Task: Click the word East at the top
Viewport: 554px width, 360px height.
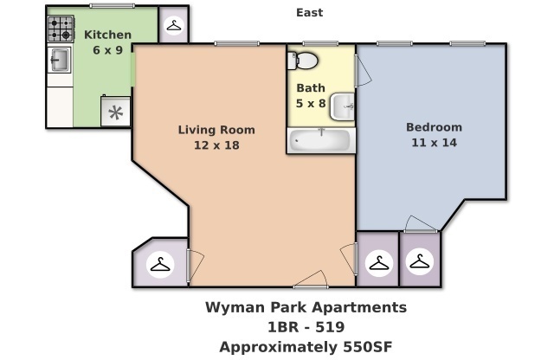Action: coord(309,12)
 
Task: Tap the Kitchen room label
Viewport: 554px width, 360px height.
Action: coord(107,35)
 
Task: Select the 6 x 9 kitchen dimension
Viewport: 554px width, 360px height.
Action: coord(107,49)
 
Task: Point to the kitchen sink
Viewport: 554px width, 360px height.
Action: coord(59,61)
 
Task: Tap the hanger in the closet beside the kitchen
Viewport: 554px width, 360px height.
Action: coord(173,27)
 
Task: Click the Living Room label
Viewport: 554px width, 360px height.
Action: coord(216,130)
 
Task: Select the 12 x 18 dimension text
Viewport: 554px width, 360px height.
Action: coord(216,145)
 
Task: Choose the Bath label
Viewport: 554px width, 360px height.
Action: coord(311,87)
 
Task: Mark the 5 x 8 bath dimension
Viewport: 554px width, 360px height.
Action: coord(311,102)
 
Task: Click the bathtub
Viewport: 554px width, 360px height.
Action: coord(320,139)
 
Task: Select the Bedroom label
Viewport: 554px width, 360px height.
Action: coord(434,127)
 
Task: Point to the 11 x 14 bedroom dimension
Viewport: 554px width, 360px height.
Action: coord(434,142)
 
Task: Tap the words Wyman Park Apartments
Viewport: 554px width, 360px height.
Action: coord(306,307)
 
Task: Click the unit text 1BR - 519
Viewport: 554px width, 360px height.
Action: coord(306,327)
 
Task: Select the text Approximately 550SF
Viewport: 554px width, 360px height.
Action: coord(306,347)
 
